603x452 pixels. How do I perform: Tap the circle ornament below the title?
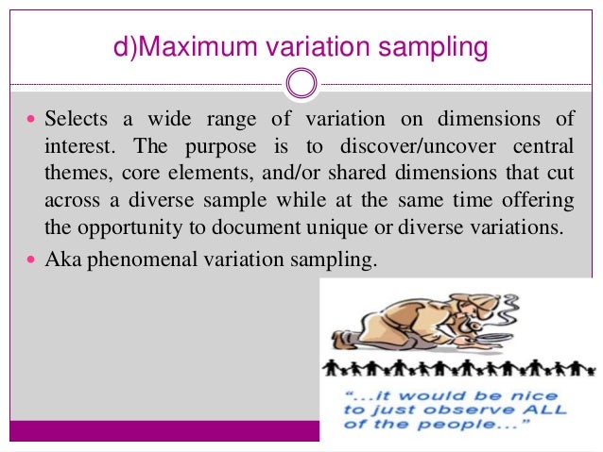[x=300, y=83]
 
